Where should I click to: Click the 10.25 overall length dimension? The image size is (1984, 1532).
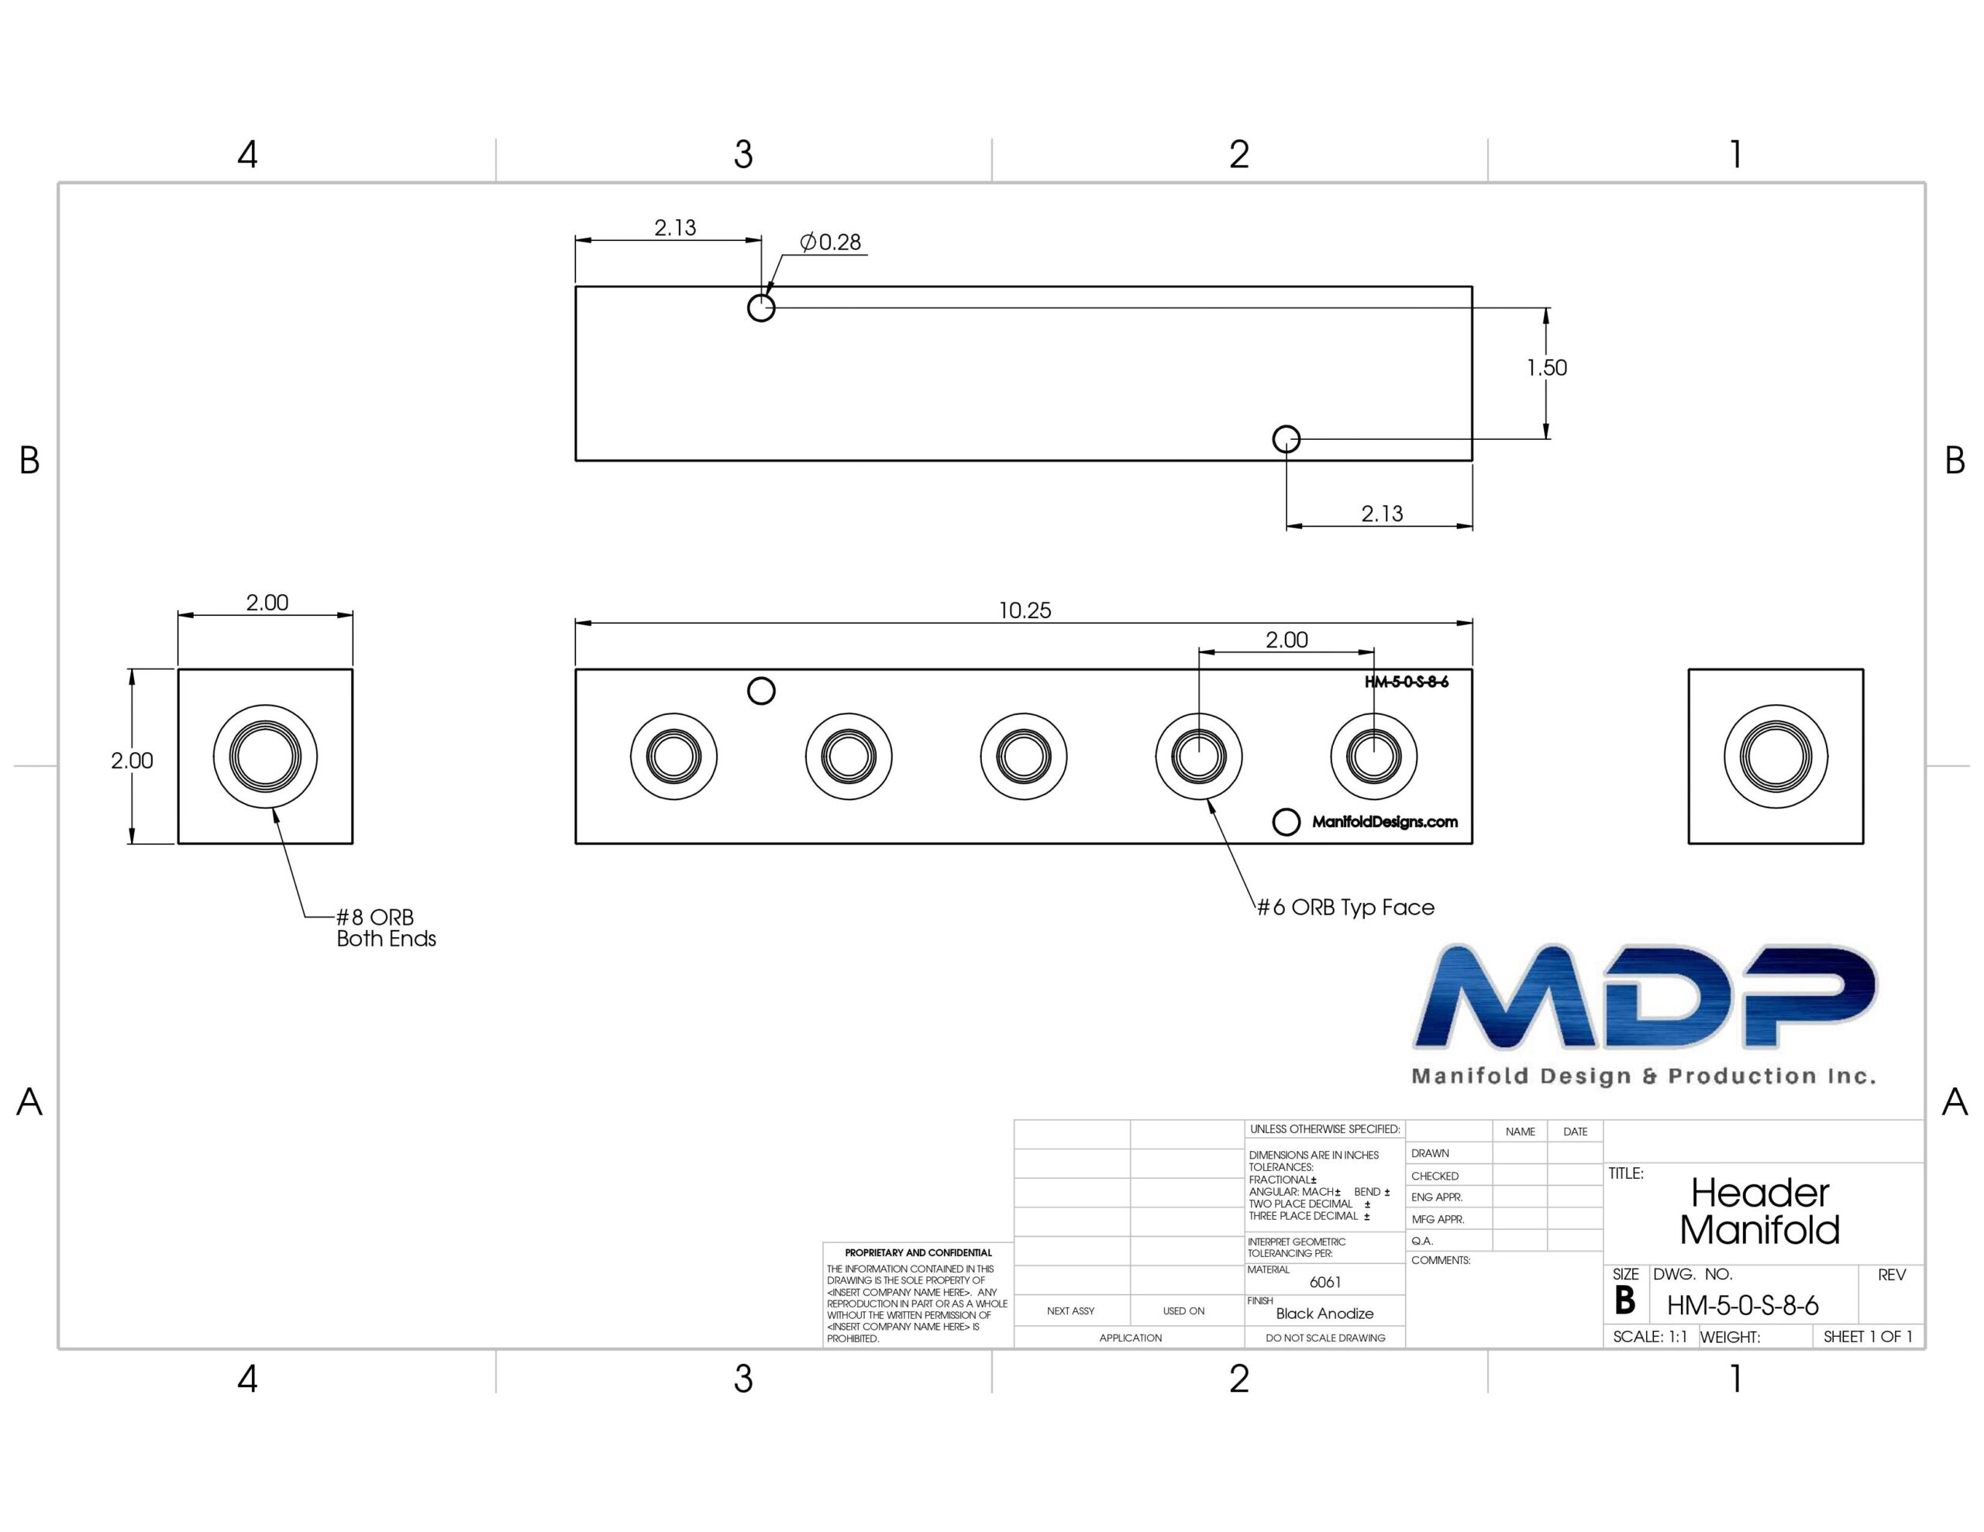(1025, 610)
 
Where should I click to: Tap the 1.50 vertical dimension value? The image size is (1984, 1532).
(1546, 368)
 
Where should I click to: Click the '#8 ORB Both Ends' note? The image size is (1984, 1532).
(386, 927)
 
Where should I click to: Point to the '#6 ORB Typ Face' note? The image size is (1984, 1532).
(1345, 907)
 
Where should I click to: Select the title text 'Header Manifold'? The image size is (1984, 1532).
(1759, 1211)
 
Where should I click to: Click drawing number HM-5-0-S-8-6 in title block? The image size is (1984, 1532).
(1742, 1306)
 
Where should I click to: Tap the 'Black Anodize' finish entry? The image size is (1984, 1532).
(1324, 1313)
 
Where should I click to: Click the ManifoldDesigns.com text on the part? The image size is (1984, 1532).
(1384, 822)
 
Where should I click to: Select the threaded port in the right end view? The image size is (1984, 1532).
(1775, 757)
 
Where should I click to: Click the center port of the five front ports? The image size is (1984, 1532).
(1024, 757)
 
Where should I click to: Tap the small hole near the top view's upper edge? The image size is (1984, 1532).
(761, 307)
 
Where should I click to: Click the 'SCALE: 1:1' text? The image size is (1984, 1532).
(1650, 1337)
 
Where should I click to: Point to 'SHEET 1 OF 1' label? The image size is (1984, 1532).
(1868, 1337)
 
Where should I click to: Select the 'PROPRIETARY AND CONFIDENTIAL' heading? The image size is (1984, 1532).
(918, 1252)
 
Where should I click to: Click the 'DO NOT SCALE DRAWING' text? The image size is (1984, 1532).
(1325, 1338)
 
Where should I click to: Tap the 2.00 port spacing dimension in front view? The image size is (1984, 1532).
(1286, 641)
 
